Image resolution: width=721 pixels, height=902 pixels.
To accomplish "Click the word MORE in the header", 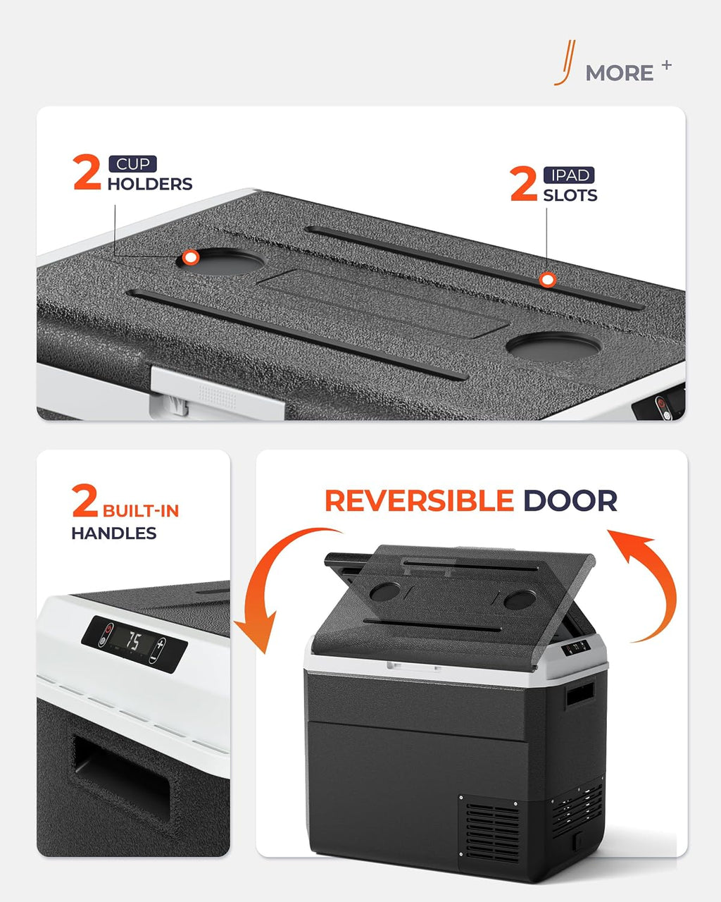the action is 619,73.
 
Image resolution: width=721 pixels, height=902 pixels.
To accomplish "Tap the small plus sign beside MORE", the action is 667,66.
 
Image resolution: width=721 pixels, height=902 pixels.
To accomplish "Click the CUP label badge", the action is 132,164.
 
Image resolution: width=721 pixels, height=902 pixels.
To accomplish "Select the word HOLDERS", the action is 150,184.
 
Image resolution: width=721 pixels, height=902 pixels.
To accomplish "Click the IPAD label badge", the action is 569,175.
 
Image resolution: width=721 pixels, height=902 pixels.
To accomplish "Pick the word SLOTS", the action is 570,195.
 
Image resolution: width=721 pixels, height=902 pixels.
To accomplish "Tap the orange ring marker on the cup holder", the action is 191,257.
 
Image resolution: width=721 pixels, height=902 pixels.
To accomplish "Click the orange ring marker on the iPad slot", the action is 547,280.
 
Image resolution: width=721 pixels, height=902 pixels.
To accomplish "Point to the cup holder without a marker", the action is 554,347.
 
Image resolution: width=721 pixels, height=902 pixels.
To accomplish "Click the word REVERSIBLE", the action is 420,500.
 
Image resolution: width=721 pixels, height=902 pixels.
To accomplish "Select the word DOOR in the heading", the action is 570,500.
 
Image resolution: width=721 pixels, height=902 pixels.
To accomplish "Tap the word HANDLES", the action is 114,533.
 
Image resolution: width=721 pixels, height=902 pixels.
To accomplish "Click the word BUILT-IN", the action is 141,511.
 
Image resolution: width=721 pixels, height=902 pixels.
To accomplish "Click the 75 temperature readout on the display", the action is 133,641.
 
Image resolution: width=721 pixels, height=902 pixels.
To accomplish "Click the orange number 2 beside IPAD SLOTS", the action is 524,184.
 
